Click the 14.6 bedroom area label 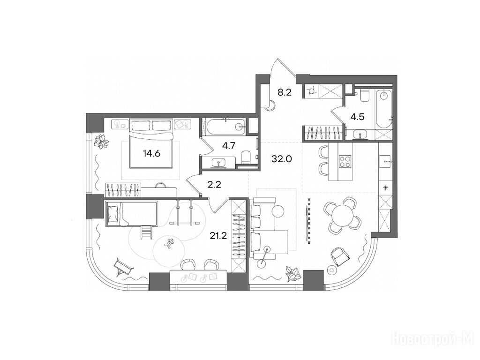coord(151,153)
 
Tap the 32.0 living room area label coord(282,159)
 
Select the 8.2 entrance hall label coord(285,92)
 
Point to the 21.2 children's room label coord(218,235)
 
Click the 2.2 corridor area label coord(214,185)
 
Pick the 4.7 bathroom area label coord(229,146)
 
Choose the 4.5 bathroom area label coord(358,117)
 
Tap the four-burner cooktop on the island coord(345,161)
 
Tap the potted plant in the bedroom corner coord(101,142)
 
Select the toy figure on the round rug coord(169,243)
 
